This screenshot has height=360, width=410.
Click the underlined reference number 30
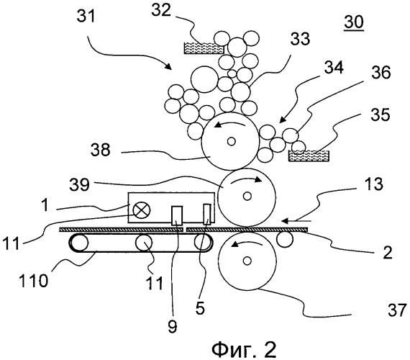pyautogui.click(x=354, y=22)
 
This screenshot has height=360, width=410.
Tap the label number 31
pyautogui.click(x=86, y=17)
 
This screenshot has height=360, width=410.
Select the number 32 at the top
pyautogui.click(x=162, y=11)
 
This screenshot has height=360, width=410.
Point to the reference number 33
pyautogui.click(x=300, y=39)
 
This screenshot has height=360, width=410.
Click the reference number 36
pyautogui.click(x=381, y=72)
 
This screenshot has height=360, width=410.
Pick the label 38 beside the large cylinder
pyautogui.click(x=101, y=150)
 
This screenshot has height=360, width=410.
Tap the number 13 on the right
pyautogui.click(x=374, y=184)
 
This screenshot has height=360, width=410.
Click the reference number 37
pyautogui.click(x=397, y=310)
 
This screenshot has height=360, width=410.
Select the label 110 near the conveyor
pyautogui.click(x=34, y=282)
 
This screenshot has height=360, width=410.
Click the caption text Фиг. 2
pyautogui.click(x=244, y=350)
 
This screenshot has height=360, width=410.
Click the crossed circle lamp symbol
pyautogui.click(x=142, y=211)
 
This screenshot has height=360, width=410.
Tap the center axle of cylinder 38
pyautogui.click(x=232, y=141)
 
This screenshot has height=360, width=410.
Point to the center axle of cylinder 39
pyautogui.click(x=247, y=196)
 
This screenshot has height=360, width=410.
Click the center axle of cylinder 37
pyautogui.click(x=247, y=261)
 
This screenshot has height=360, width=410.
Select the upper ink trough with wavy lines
pyautogui.click(x=204, y=48)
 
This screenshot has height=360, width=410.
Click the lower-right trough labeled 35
pyautogui.click(x=309, y=156)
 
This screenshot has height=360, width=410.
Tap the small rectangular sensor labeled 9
pyautogui.click(x=177, y=215)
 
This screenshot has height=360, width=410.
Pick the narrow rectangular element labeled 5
pyautogui.click(x=207, y=214)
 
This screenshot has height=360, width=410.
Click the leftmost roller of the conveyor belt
pyautogui.click(x=79, y=243)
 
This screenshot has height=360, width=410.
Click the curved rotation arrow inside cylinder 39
pyautogui.click(x=246, y=179)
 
